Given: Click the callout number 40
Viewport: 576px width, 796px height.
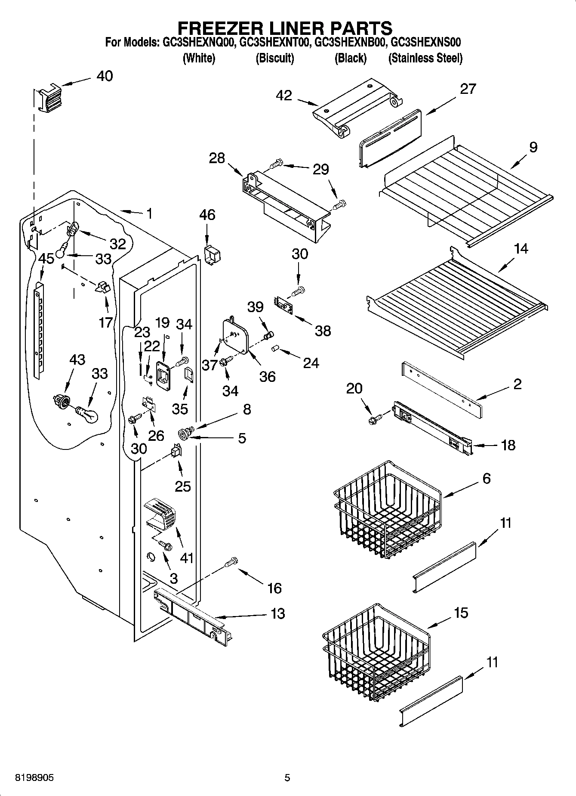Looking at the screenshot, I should (104, 76).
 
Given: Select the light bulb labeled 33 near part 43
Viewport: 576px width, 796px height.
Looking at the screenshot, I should (88, 414).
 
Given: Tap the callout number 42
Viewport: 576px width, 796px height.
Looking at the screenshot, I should (284, 96).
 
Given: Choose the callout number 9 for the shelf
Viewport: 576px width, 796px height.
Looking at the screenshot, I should (533, 148).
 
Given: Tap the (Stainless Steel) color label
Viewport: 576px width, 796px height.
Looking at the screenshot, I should (425, 58).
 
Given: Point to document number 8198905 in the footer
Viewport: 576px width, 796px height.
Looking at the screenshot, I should (34, 777).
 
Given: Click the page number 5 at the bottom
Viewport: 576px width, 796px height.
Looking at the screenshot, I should (287, 777).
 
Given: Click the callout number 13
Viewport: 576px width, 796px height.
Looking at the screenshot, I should (278, 613).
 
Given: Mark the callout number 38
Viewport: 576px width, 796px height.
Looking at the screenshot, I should (323, 330).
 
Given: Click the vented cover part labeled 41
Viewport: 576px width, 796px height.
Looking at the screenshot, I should (162, 513).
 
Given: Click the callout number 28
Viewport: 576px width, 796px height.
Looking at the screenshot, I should (217, 158).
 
